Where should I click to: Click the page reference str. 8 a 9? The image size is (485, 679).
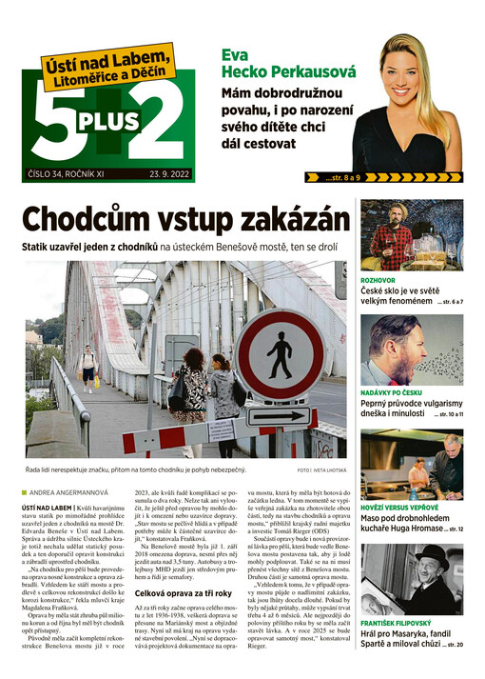(341, 177)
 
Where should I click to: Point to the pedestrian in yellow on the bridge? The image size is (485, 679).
(88, 366)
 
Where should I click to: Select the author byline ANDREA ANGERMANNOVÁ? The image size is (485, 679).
(74, 491)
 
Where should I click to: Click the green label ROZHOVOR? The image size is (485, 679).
(378, 282)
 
